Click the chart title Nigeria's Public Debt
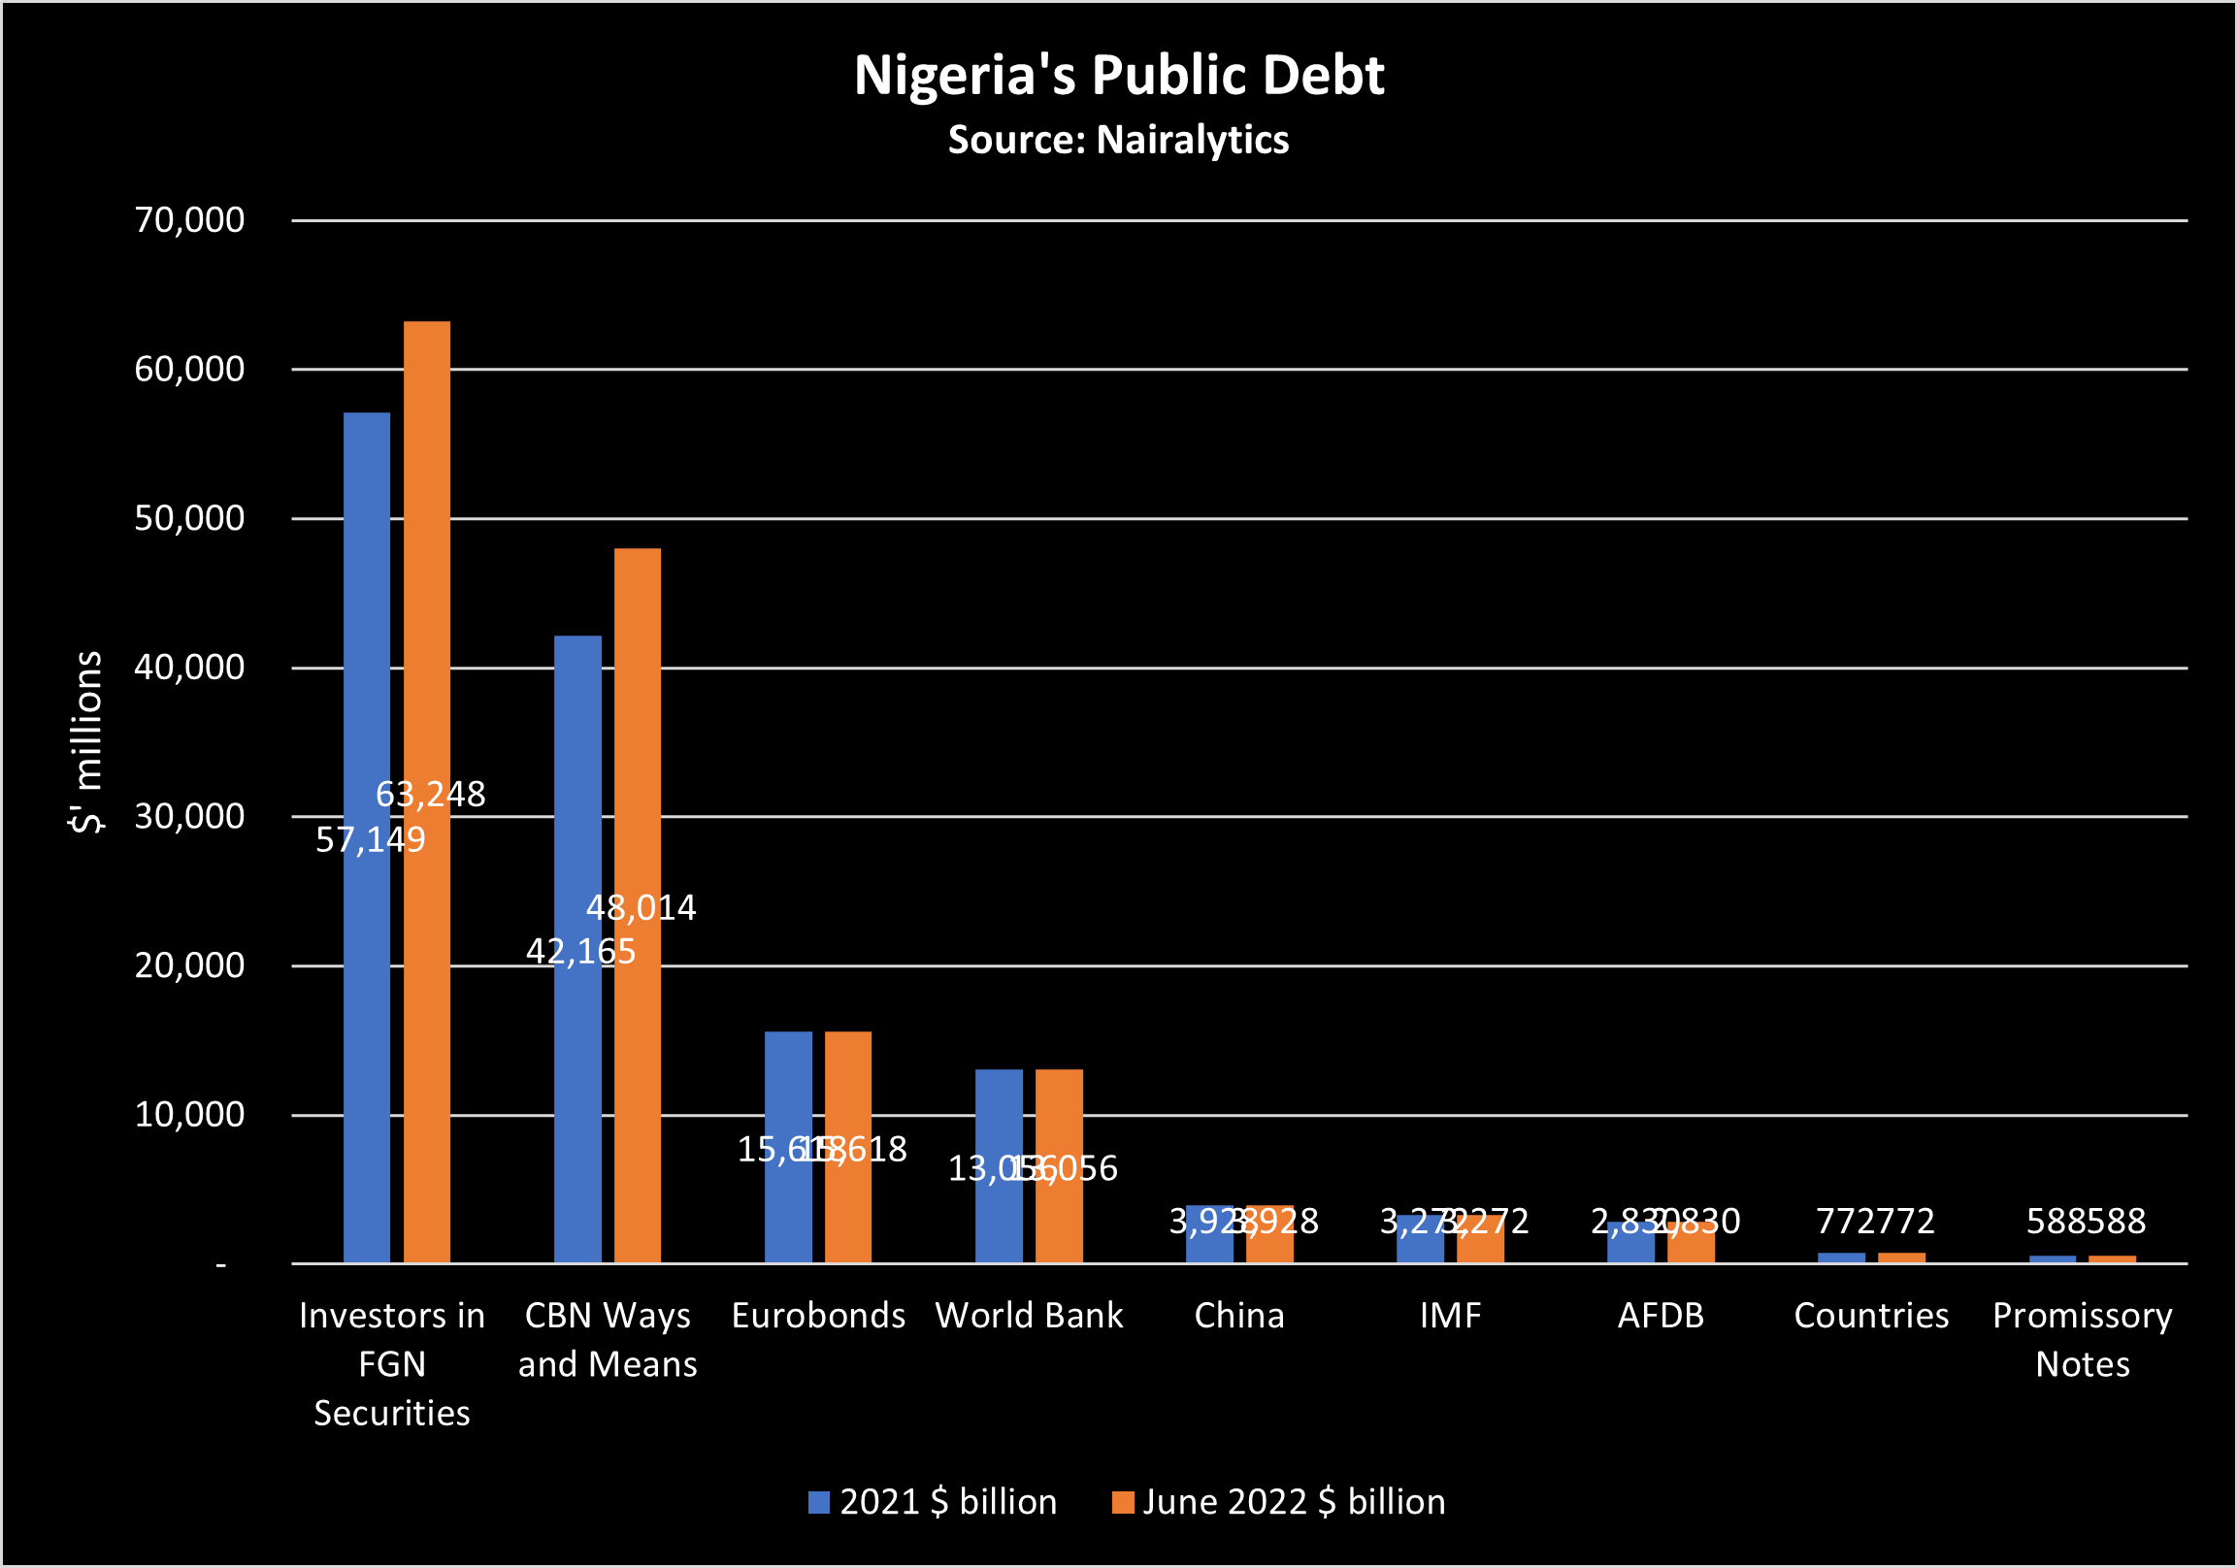pyautogui.click(x=1118, y=75)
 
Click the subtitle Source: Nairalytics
pyautogui.click(x=1118, y=140)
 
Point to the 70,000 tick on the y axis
pyautogui.click(x=189, y=220)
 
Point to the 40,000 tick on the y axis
pyautogui.click(x=189, y=668)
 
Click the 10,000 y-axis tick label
pyautogui.click(x=189, y=1114)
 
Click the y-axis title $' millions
pyautogui.click(x=85, y=741)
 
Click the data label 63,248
pyautogui.click(x=430, y=795)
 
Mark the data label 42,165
pyautogui.click(x=580, y=951)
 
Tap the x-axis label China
pyautogui.click(x=1239, y=1316)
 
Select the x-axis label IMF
pyautogui.click(x=1449, y=1316)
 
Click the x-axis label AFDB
pyautogui.click(x=1660, y=1316)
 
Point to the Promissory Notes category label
pyautogui.click(x=2082, y=1339)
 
